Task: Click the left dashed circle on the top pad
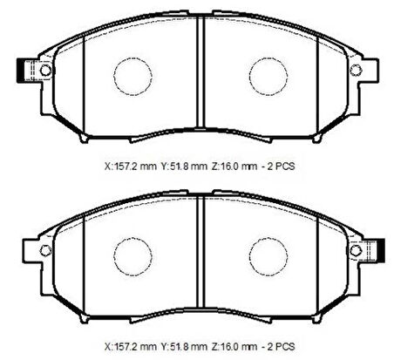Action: point(113,76)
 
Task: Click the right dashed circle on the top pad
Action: point(249,76)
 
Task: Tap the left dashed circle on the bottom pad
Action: point(113,256)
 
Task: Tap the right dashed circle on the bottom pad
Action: point(249,256)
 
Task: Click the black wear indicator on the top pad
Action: point(21,71)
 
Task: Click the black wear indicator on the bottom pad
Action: point(381,251)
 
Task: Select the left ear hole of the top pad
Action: point(45,70)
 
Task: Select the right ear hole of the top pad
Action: point(355,70)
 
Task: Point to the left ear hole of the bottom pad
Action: point(45,250)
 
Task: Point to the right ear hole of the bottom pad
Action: point(356,250)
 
